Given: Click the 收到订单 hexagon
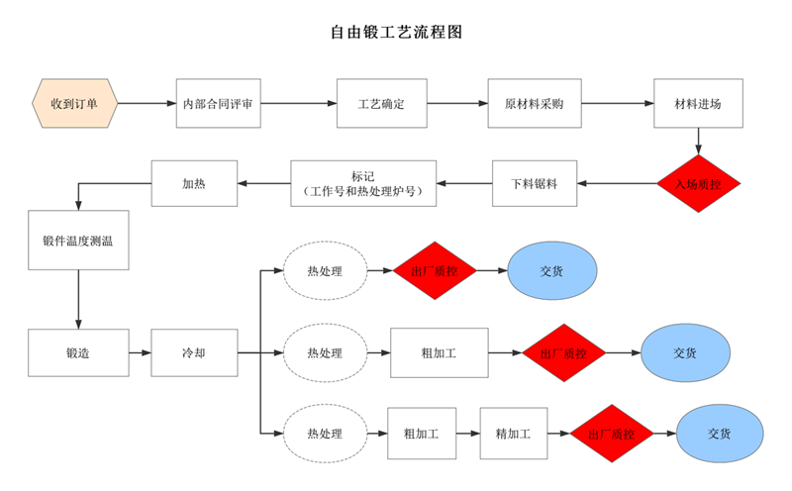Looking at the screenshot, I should (75, 104).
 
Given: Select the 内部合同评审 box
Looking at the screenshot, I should (219, 104).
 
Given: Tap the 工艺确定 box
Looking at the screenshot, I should (381, 104).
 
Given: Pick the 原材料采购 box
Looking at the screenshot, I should (535, 104).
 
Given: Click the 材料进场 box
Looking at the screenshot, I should (698, 104).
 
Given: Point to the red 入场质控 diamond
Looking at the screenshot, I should (699, 183).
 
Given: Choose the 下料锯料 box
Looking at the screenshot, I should (535, 183).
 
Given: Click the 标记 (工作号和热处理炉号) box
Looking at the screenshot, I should (363, 183).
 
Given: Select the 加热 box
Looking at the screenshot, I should (194, 183).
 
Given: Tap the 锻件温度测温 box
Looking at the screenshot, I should (78, 240).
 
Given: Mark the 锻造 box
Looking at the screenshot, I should (78, 352).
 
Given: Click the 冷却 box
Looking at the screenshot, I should (194, 352).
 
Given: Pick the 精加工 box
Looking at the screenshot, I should (513, 434).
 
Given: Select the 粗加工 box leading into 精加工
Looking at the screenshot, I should (422, 434).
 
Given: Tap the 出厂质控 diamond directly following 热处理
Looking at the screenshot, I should (435, 270).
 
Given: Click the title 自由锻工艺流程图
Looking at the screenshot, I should (396, 32).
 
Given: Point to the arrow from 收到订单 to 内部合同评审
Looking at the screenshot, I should (147, 104).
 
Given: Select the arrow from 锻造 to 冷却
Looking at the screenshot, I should (140, 352).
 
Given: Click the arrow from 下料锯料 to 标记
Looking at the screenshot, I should (465, 183).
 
